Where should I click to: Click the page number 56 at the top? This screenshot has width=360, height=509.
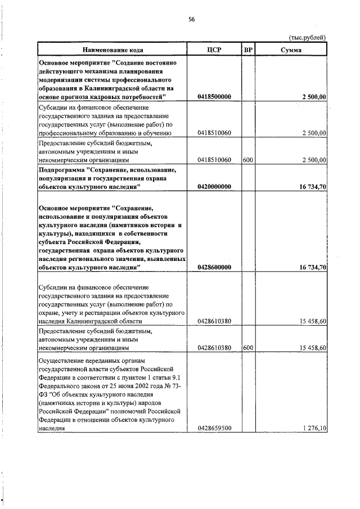191,19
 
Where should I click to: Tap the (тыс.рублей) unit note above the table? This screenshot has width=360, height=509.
307,37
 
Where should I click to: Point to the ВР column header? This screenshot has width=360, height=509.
248,50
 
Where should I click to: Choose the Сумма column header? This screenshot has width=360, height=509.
291,50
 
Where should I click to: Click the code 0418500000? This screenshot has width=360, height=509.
214,97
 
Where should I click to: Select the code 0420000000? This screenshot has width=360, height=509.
214,187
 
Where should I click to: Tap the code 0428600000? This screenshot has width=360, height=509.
214,267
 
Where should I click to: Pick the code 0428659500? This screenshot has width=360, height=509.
214,429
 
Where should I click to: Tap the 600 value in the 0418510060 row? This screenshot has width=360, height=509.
247,160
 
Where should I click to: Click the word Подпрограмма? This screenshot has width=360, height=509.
62,169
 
